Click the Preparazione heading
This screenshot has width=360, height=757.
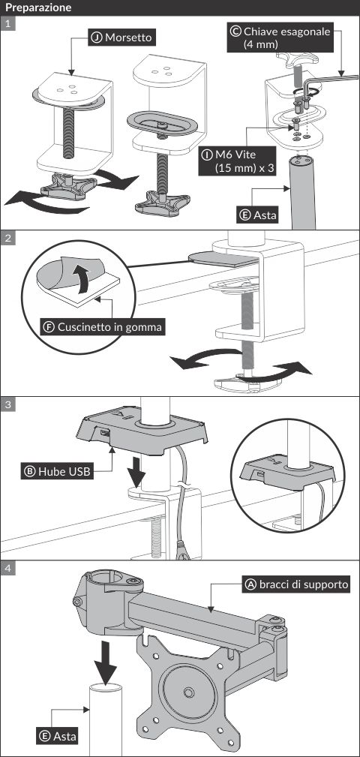(x=38, y=8)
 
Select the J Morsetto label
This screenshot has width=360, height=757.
(x=123, y=38)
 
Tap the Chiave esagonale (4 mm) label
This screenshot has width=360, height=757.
(x=280, y=38)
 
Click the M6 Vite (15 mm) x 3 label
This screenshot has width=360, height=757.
(x=237, y=162)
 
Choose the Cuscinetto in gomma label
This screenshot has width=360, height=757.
(x=103, y=327)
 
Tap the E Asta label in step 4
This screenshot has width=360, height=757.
(x=58, y=736)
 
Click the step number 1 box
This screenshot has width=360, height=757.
(x=8, y=24)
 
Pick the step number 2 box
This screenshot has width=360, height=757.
(x=8, y=238)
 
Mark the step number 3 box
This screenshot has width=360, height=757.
(x=8, y=404)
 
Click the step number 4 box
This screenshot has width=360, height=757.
(x=8, y=568)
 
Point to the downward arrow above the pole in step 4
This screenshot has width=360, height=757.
(x=105, y=659)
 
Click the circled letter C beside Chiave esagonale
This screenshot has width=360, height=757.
(x=236, y=32)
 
